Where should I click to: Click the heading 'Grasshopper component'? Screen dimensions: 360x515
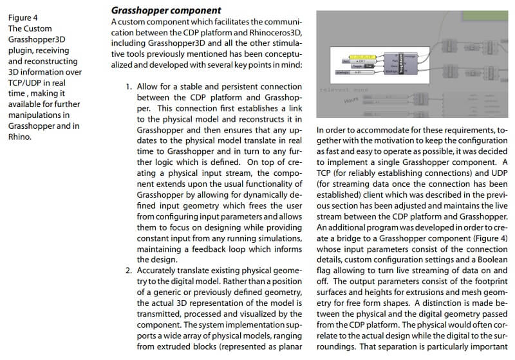tap(166, 10)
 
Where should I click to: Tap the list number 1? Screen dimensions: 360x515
tap(128, 86)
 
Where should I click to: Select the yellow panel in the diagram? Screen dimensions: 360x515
tap(355, 55)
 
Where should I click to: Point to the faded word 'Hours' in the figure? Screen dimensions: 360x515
tap(351, 100)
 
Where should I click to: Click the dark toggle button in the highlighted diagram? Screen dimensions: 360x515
tap(370, 66)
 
